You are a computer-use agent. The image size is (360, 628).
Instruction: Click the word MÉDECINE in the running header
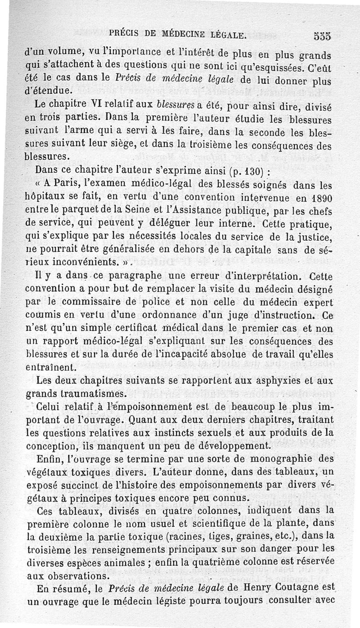182,35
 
